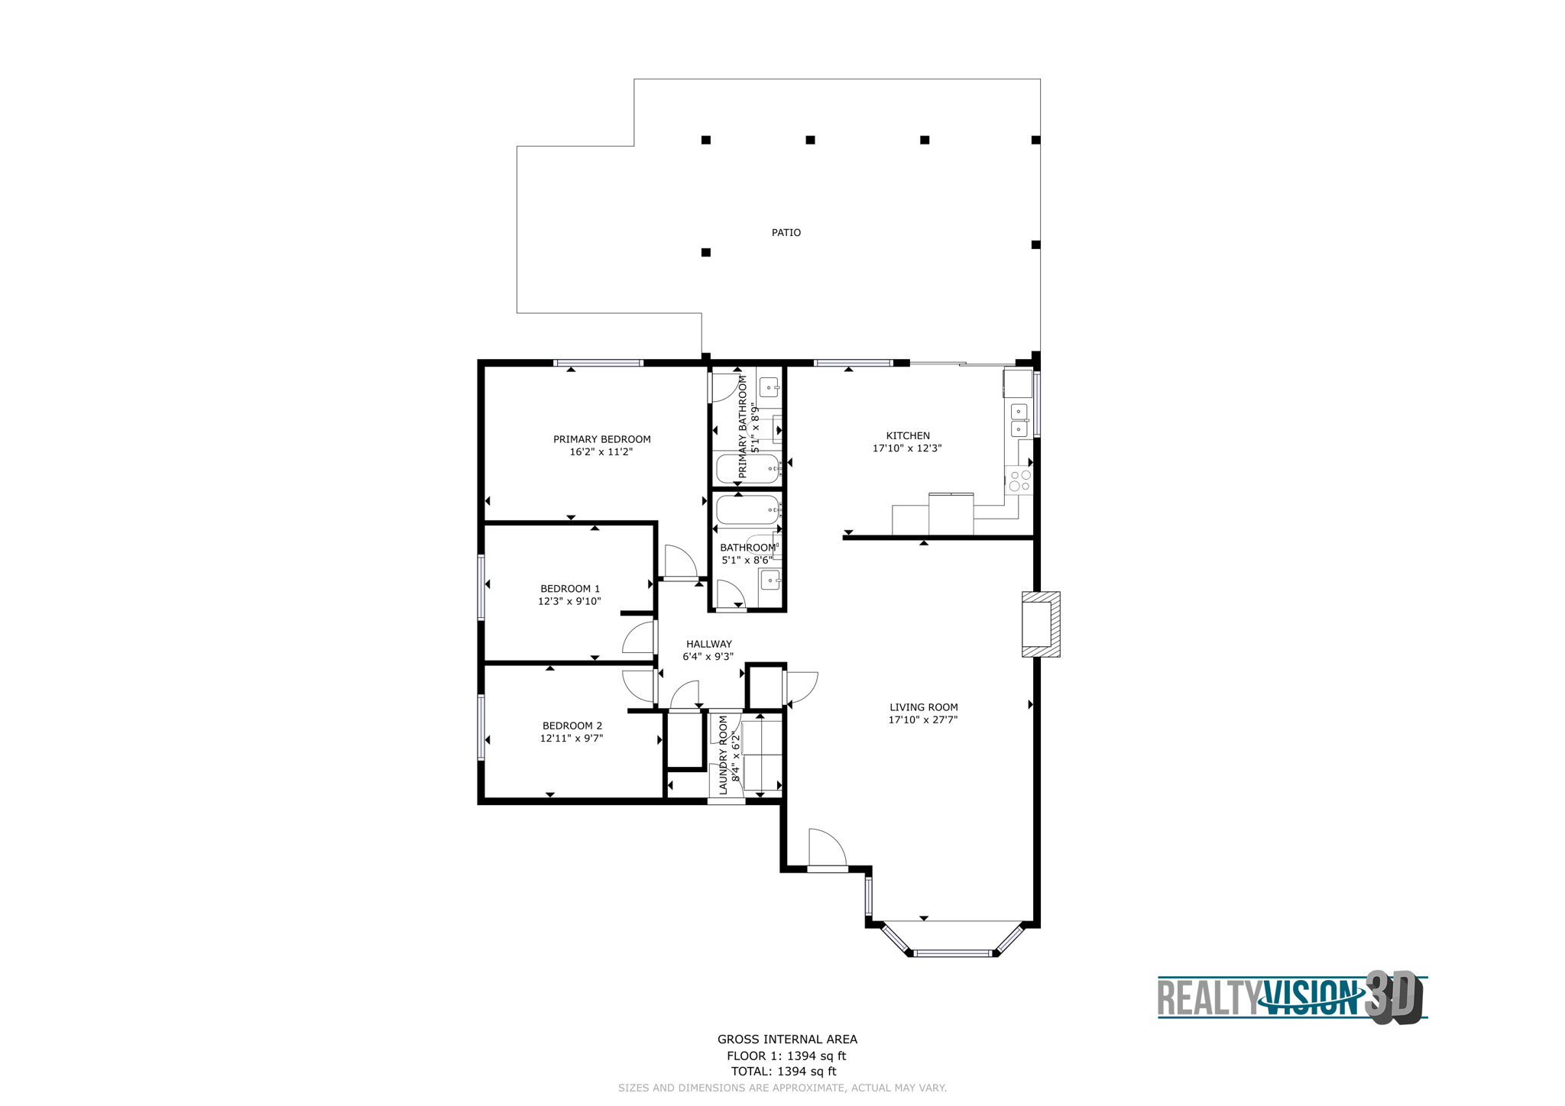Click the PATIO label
tap(786, 232)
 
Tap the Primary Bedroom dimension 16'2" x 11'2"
tap(601, 451)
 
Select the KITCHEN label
tap(907, 435)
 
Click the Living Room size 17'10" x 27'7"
tap(922, 720)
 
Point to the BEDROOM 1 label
tap(569, 588)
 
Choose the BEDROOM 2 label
tap(572, 726)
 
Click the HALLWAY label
tap(708, 644)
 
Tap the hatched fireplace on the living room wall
tap(1041, 624)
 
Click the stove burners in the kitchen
tap(1019, 480)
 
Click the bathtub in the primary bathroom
tap(747, 467)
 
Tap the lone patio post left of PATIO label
tap(705, 252)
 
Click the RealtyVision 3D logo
tap(1291, 996)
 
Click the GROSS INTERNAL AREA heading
tap(786, 1039)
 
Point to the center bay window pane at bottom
tap(952, 952)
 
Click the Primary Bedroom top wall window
tap(598, 363)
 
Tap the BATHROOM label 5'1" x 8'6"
tap(747, 554)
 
